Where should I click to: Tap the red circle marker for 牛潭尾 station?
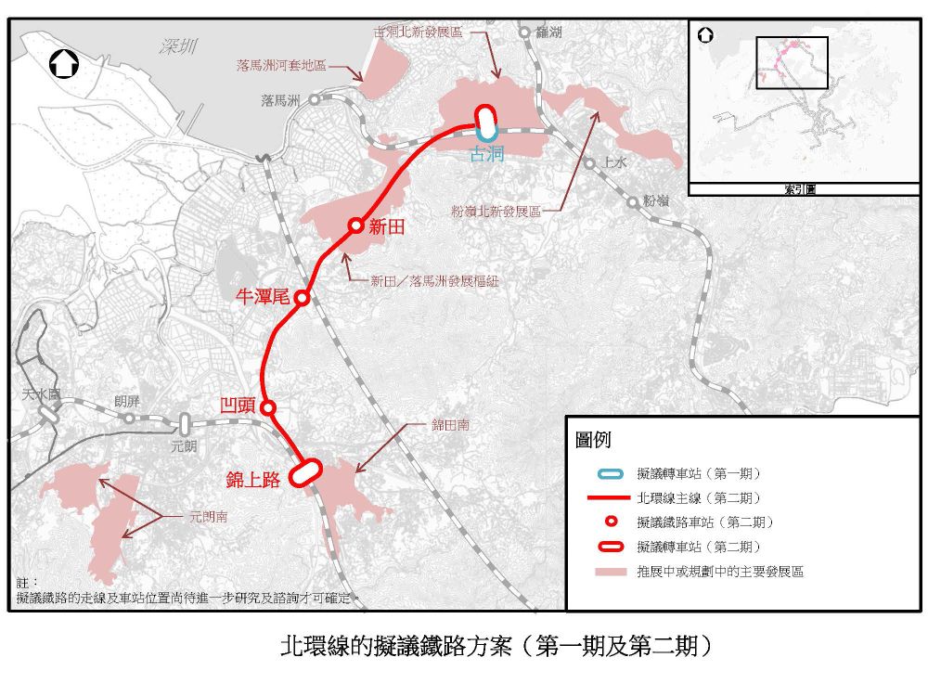click(x=303, y=298)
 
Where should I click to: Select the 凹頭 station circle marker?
click(x=268, y=407)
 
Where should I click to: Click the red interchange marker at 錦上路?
click(x=305, y=472)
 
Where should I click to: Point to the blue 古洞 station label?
click(x=487, y=154)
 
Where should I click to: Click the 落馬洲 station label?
click(x=281, y=100)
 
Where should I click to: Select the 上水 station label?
click(x=615, y=163)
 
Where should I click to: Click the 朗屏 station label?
click(x=127, y=402)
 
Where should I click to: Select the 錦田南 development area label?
click(x=450, y=425)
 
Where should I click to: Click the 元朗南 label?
click(x=208, y=516)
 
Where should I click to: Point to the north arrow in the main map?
click(x=64, y=65)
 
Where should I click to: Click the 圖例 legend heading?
click(x=594, y=440)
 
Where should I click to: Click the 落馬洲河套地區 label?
click(x=281, y=66)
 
